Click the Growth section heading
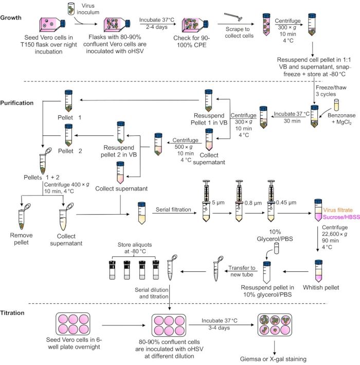[11, 18]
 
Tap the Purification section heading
[17, 103]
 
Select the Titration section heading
[12, 312]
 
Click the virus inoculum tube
[71, 9]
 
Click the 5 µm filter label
[218, 202]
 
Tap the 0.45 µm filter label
[286, 202]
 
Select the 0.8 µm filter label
[253, 203]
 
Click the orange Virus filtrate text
[338, 210]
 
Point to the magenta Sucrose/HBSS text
[341, 217]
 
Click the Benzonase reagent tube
[336, 105]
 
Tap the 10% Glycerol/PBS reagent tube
[276, 248]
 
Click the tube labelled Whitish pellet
[318, 271]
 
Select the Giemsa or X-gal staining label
[273, 359]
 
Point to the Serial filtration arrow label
[173, 210]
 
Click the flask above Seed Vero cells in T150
[52, 24]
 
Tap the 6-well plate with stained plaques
[275, 325]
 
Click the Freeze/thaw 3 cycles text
[331, 91]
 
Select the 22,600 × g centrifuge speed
[334, 234]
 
